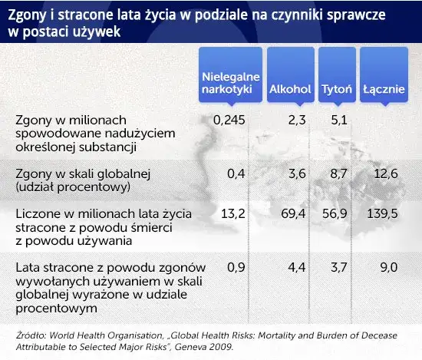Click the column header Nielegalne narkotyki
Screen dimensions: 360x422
tap(230, 83)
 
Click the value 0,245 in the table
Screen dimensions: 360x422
tap(229, 120)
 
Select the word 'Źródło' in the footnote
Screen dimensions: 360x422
tap(31, 335)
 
